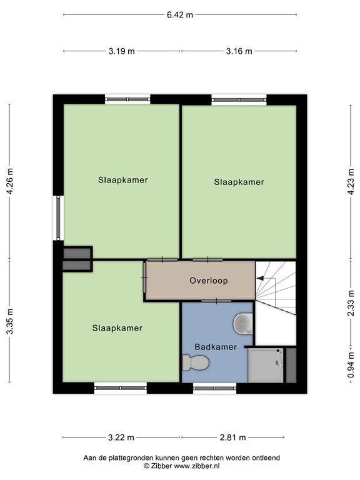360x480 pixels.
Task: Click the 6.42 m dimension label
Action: (180, 15)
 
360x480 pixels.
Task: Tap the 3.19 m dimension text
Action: (121, 51)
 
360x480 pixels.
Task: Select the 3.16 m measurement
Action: (239, 51)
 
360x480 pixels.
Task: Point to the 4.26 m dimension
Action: (10, 181)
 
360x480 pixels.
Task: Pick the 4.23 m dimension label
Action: (351, 181)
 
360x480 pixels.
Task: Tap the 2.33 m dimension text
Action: (351, 303)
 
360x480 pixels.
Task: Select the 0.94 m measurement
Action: (351, 365)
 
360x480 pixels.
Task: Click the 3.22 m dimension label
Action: (121, 437)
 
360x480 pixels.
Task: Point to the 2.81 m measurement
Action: (233, 437)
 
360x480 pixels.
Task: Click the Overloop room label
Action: (209, 281)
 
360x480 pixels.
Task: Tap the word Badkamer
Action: (216, 347)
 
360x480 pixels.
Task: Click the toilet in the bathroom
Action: (196, 363)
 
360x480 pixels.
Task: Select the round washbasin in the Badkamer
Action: (243, 323)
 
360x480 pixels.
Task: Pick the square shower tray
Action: (266, 365)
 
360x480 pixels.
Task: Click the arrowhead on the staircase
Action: (260, 278)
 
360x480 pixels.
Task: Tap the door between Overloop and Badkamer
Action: (216, 301)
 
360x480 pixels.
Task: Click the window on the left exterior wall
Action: (58, 217)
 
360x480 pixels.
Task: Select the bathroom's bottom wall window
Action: (215, 388)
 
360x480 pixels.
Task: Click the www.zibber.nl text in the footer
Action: (197, 466)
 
